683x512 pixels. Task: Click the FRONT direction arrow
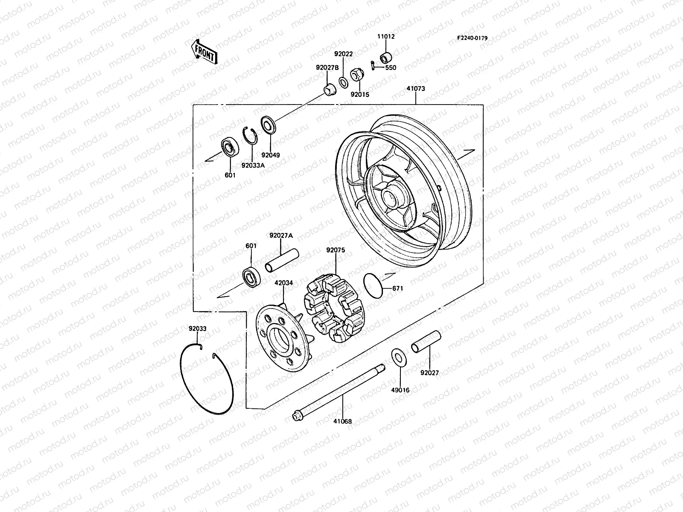tap(204, 51)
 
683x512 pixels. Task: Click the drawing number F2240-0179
tap(472, 38)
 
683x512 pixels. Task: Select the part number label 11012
tap(385, 37)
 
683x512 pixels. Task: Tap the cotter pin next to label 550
tap(373, 66)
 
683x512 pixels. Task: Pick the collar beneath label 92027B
tap(329, 90)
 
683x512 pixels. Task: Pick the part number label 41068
tap(342, 422)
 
